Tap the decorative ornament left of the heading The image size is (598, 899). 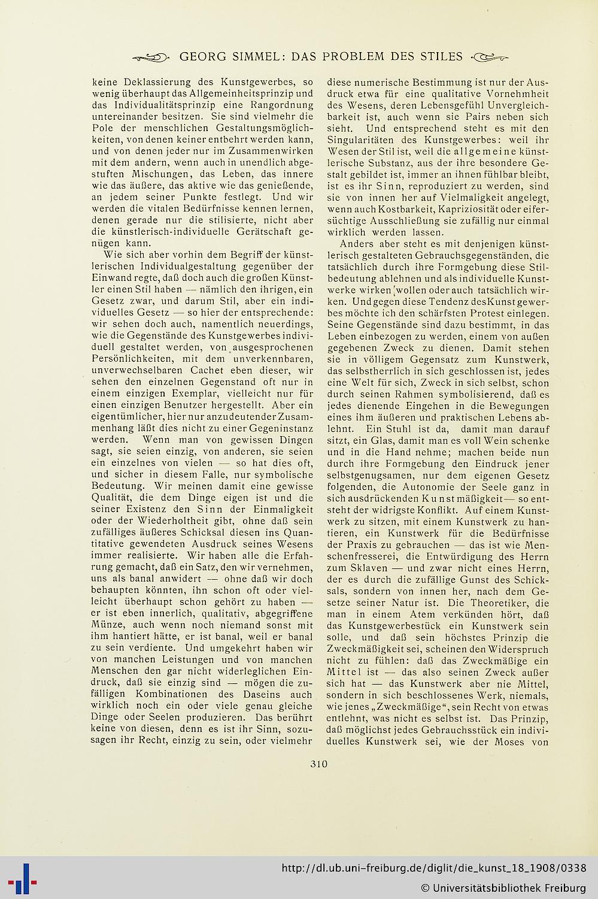coord(150,58)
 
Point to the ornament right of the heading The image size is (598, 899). coord(490,58)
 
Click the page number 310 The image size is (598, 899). coord(319,764)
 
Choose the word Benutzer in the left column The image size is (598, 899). coord(170,405)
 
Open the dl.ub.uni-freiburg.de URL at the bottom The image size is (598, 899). coord(434,868)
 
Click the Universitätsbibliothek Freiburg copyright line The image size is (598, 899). coord(503,887)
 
